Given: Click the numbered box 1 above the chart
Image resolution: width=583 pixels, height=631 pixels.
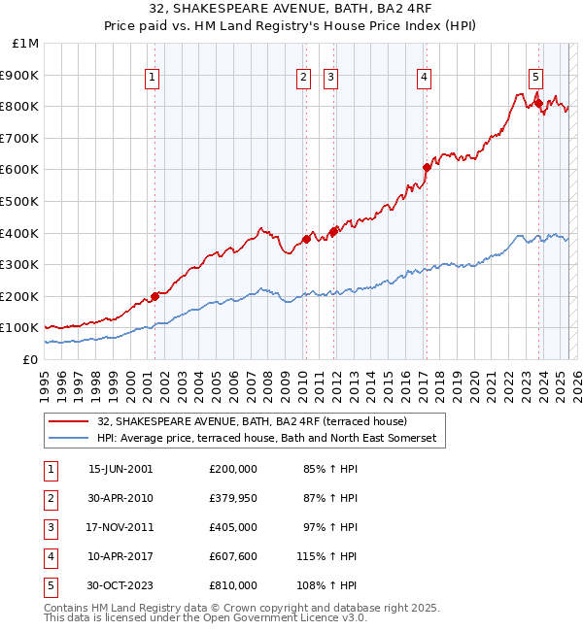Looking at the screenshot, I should pos(154,80).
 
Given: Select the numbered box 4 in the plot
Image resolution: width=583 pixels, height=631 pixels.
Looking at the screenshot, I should pos(425,80).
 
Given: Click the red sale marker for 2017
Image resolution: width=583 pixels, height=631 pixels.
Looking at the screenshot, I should pos(426,167).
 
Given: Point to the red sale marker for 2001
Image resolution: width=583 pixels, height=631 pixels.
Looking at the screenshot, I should pos(154,296).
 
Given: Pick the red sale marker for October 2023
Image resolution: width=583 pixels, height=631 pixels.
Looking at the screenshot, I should pos(537,103).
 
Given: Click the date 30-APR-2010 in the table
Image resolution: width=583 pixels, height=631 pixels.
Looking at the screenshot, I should pos(120,498).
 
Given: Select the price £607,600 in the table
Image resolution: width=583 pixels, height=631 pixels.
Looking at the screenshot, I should pos(233,556).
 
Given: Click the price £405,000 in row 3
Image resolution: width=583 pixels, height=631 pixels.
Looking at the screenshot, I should pos(233,527).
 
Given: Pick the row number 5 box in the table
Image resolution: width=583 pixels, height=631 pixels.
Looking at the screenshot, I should pos(49,585).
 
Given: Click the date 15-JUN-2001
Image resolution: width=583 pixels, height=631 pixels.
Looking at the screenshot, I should pos(120,469).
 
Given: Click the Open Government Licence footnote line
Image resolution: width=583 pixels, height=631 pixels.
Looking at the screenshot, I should pos(206,617).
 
